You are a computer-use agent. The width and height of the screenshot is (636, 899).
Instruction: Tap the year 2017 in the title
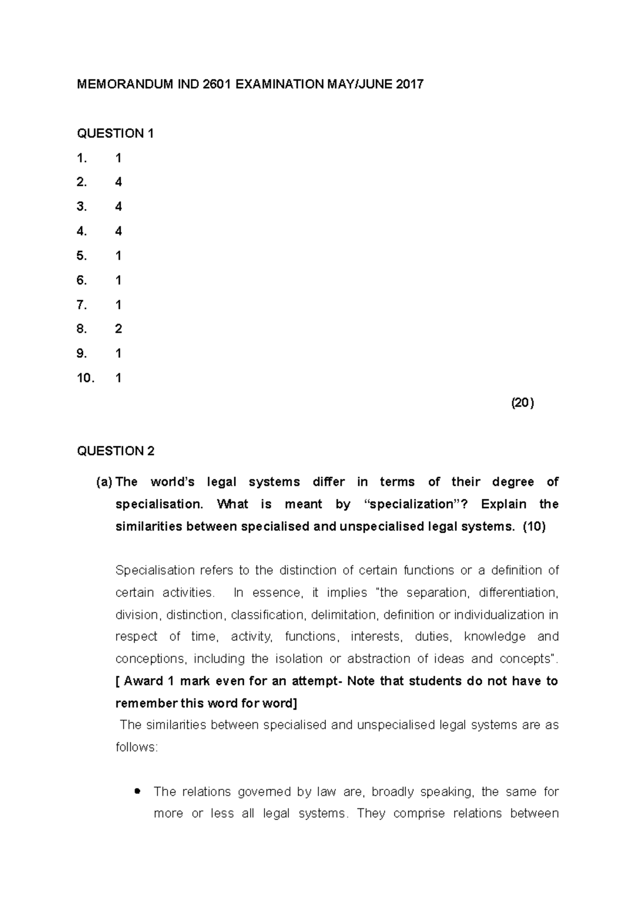click(x=410, y=84)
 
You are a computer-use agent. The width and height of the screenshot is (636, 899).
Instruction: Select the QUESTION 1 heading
click(x=115, y=133)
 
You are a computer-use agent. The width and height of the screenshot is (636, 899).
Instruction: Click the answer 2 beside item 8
click(x=118, y=329)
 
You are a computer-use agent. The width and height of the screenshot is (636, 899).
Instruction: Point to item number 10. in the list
click(x=85, y=378)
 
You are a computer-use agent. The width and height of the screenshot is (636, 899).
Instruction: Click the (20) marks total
click(x=522, y=403)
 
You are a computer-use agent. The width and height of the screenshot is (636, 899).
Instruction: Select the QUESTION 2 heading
click(x=116, y=451)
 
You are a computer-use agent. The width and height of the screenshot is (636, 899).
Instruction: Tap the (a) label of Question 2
click(x=104, y=482)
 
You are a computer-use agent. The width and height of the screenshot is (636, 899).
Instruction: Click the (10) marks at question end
click(x=534, y=527)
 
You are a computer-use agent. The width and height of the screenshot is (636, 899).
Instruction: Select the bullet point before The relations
click(x=138, y=792)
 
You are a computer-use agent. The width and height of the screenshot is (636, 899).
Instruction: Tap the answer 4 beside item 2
click(x=118, y=182)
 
